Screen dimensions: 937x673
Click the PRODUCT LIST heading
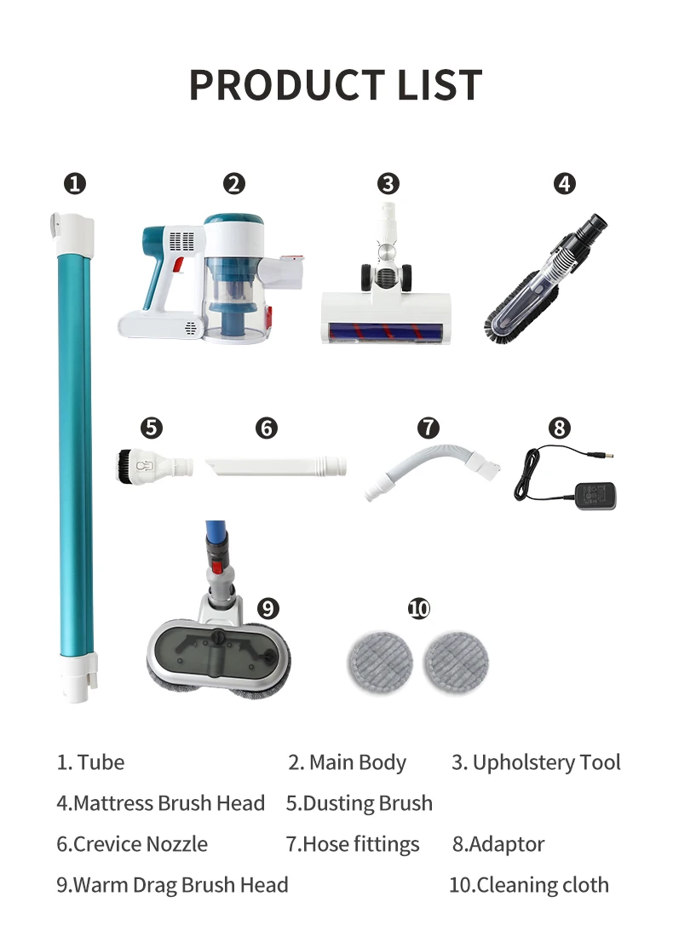coord(336,84)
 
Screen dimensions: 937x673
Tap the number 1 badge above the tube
coord(75,183)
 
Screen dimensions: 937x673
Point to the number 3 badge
coord(388,183)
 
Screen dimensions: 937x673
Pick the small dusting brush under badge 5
coord(153,466)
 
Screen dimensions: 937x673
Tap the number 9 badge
coord(268,607)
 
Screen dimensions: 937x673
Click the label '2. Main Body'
coord(347,762)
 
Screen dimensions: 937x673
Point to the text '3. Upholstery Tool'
coord(536,762)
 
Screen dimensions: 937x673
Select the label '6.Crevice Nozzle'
coord(132,844)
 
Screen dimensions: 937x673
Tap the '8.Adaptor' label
coord(498,844)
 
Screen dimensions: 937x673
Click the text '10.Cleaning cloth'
coord(528,885)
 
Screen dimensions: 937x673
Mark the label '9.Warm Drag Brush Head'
coord(172,885)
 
